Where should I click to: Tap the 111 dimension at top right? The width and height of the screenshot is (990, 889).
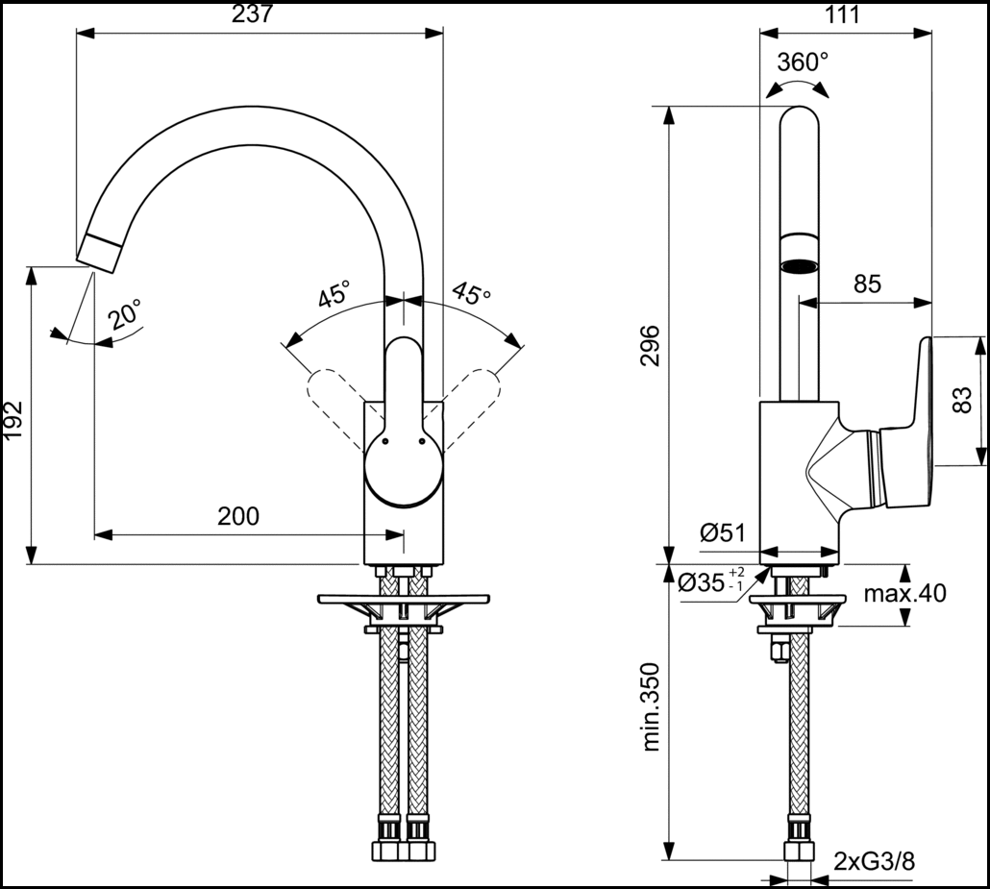pos(842,14)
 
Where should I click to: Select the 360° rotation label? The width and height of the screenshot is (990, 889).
pos(803,62)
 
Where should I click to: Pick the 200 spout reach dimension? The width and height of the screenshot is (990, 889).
pos(238,516)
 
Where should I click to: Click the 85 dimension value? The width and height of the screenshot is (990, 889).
pos(866,284)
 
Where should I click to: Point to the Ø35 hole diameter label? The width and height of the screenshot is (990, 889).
pos(711,581)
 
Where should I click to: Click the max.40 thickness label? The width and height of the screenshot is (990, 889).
pos(903,593)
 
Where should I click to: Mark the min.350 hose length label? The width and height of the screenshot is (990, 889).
pos(651,707)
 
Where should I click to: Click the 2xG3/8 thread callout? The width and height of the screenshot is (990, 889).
pos(874,861)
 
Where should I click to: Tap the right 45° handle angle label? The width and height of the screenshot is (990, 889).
pos(471,294)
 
